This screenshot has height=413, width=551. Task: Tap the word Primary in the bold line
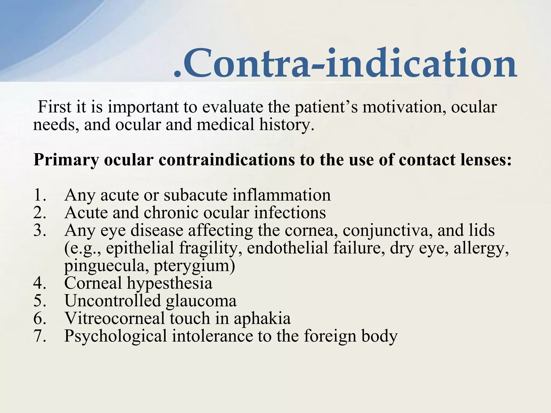click(x=66, y=160)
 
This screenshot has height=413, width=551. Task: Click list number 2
click(x=40, y=213)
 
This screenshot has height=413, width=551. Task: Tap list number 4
click(x=40, y=283)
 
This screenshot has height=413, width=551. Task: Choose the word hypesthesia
click(x=169, y=283)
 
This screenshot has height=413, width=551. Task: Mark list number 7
click(x=40, y=336)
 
